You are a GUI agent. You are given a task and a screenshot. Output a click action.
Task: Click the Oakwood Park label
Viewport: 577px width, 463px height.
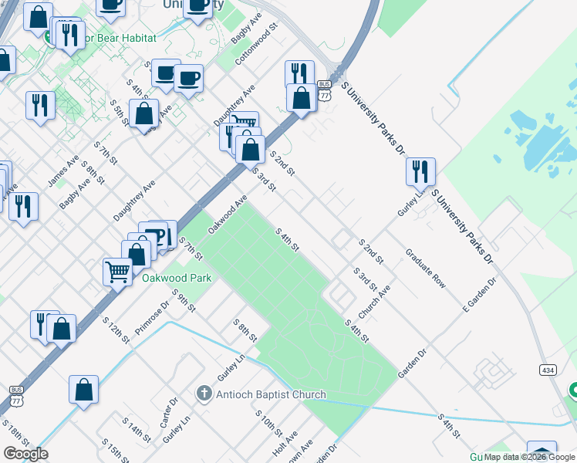176,278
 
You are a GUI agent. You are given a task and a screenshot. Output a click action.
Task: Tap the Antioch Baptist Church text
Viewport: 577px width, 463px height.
271,395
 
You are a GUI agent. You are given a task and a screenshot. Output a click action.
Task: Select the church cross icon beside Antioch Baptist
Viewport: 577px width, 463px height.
204,394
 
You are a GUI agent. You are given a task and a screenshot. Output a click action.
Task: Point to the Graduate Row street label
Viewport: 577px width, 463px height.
426,268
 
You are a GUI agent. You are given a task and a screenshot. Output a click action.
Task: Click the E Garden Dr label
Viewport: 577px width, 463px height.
477,295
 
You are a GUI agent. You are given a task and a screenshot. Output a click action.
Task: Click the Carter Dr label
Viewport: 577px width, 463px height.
168,413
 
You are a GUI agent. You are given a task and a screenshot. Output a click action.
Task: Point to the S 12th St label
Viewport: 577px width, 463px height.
116,330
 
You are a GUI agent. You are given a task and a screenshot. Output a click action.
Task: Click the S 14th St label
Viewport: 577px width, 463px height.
137,431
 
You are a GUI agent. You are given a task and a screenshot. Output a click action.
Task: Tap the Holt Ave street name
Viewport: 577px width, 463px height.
284,444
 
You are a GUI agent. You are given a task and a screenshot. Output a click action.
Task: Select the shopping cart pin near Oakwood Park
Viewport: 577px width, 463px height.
117,271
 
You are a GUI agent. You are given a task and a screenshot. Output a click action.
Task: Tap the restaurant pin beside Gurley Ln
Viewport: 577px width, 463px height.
420,171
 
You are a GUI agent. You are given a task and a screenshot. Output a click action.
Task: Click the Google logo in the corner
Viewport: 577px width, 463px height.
25,454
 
